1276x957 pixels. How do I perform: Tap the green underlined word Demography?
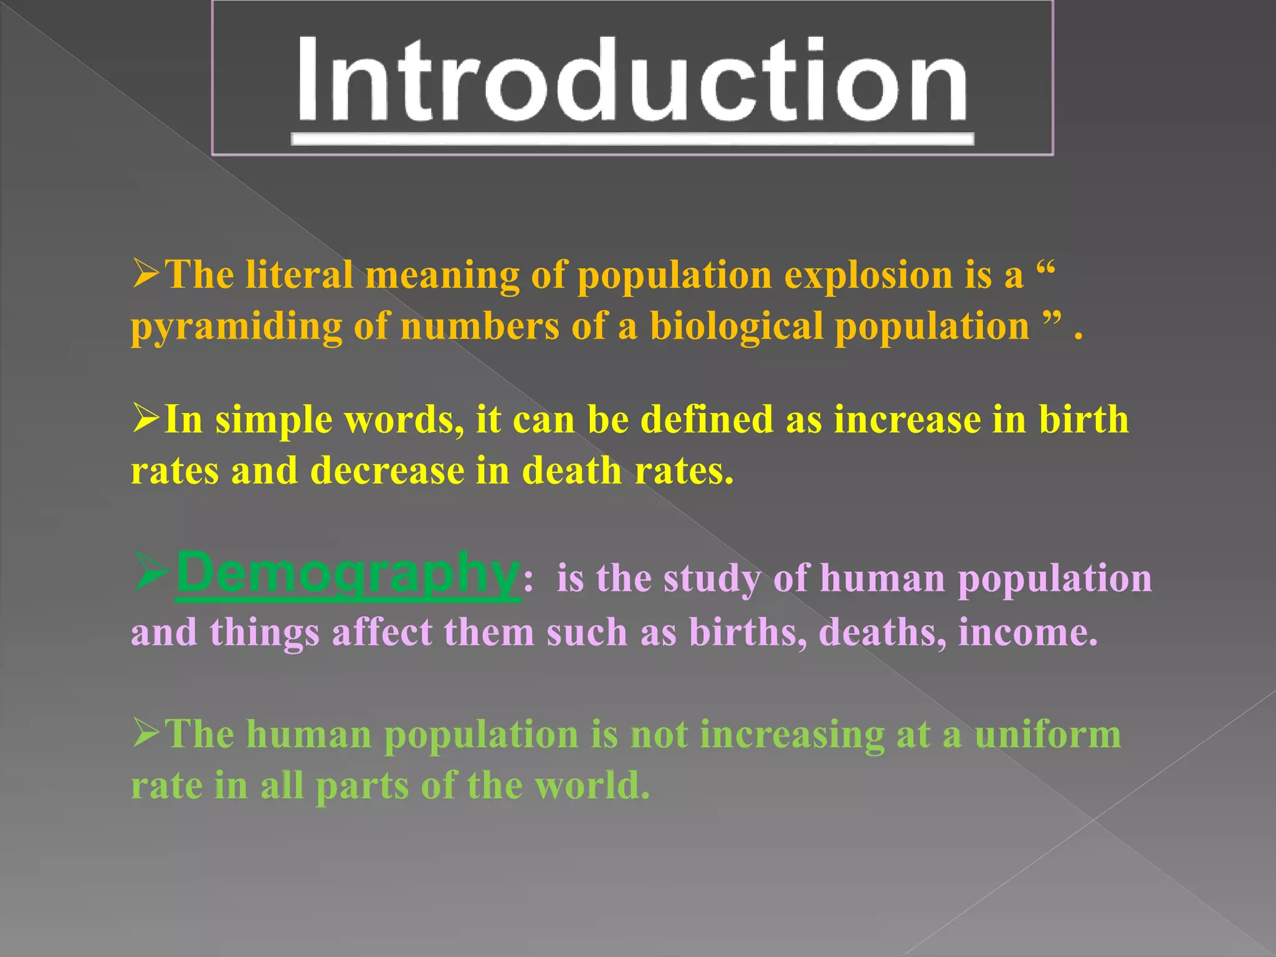[x=347, y=573]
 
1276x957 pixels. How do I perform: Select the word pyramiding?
[x=236, y=327]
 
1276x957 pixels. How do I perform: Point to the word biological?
[x=736, y=326]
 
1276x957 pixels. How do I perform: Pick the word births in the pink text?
[x=747, y=632]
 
